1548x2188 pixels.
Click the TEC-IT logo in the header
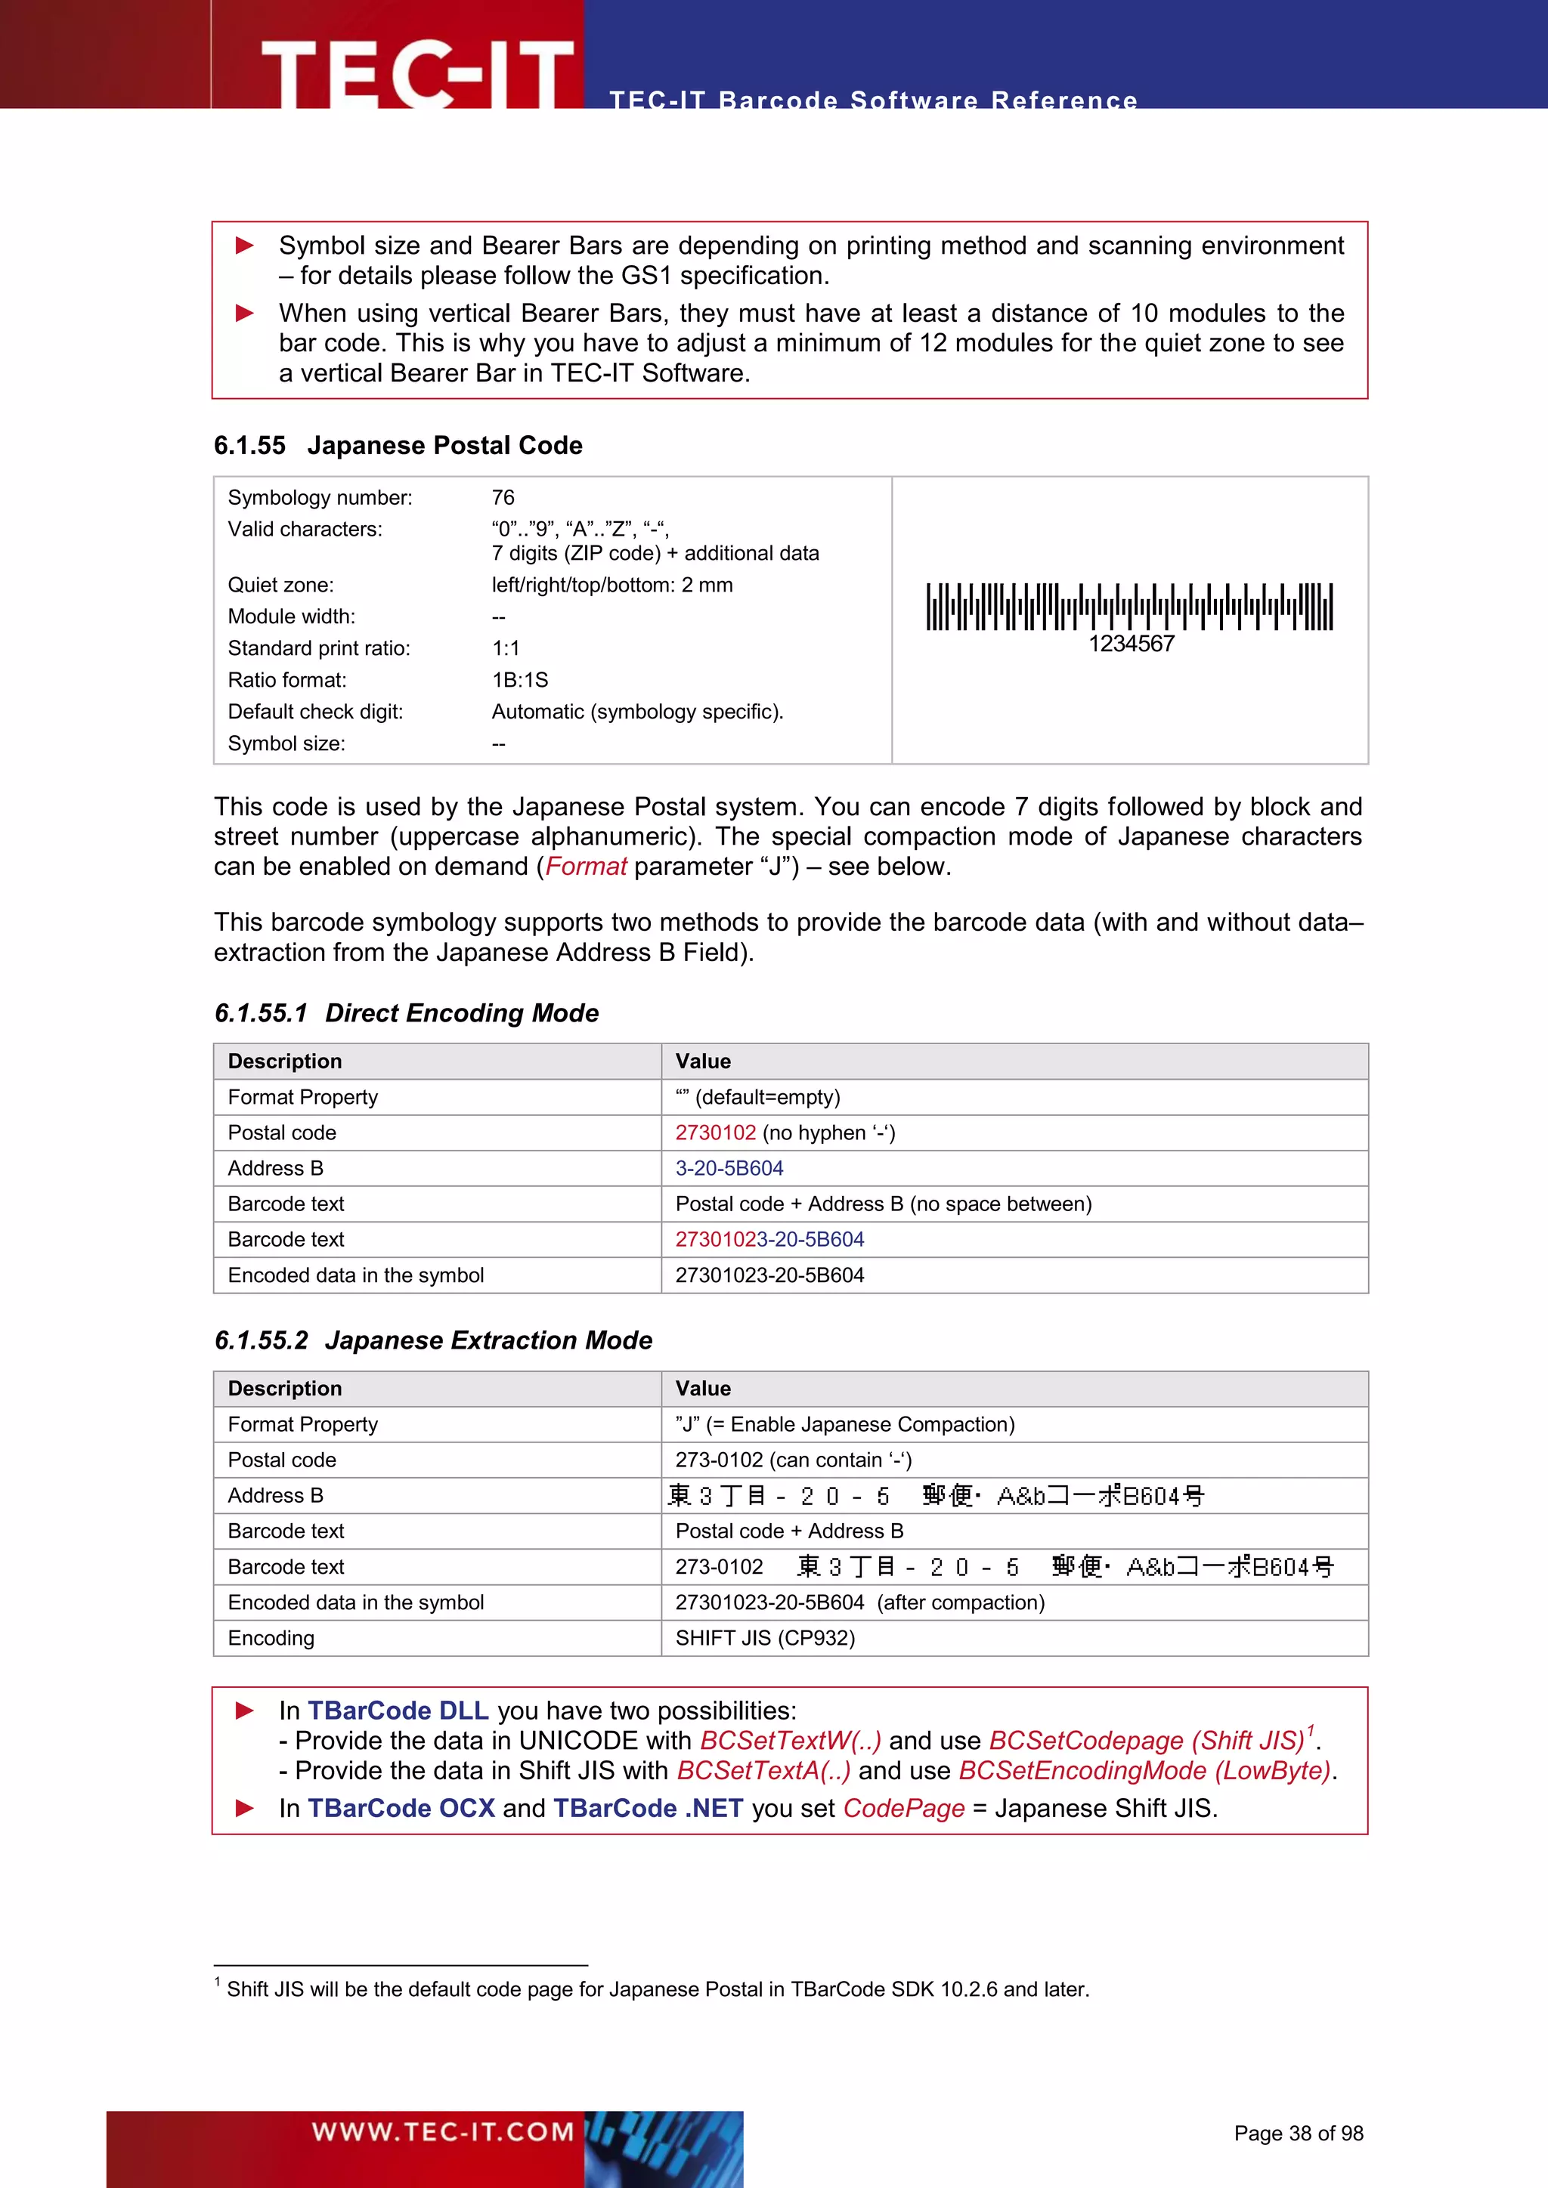[416, 72]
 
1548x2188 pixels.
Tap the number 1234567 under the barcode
[1131, 644]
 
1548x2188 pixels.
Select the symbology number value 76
[503, 497]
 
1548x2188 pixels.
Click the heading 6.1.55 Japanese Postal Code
[398, 445]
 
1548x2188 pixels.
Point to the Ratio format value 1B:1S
[519, 679]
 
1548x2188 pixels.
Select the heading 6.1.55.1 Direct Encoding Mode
[406, 1013]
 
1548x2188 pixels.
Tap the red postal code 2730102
[715, 1133]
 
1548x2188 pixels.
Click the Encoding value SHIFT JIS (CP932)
[764, 1638]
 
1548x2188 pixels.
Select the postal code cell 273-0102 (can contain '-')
[792, 1460]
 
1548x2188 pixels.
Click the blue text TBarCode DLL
[398, 1711]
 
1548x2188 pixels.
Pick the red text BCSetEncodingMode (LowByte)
[1144, 1771]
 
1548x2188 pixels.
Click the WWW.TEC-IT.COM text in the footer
[442, 2132]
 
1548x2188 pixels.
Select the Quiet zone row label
[280, 585]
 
